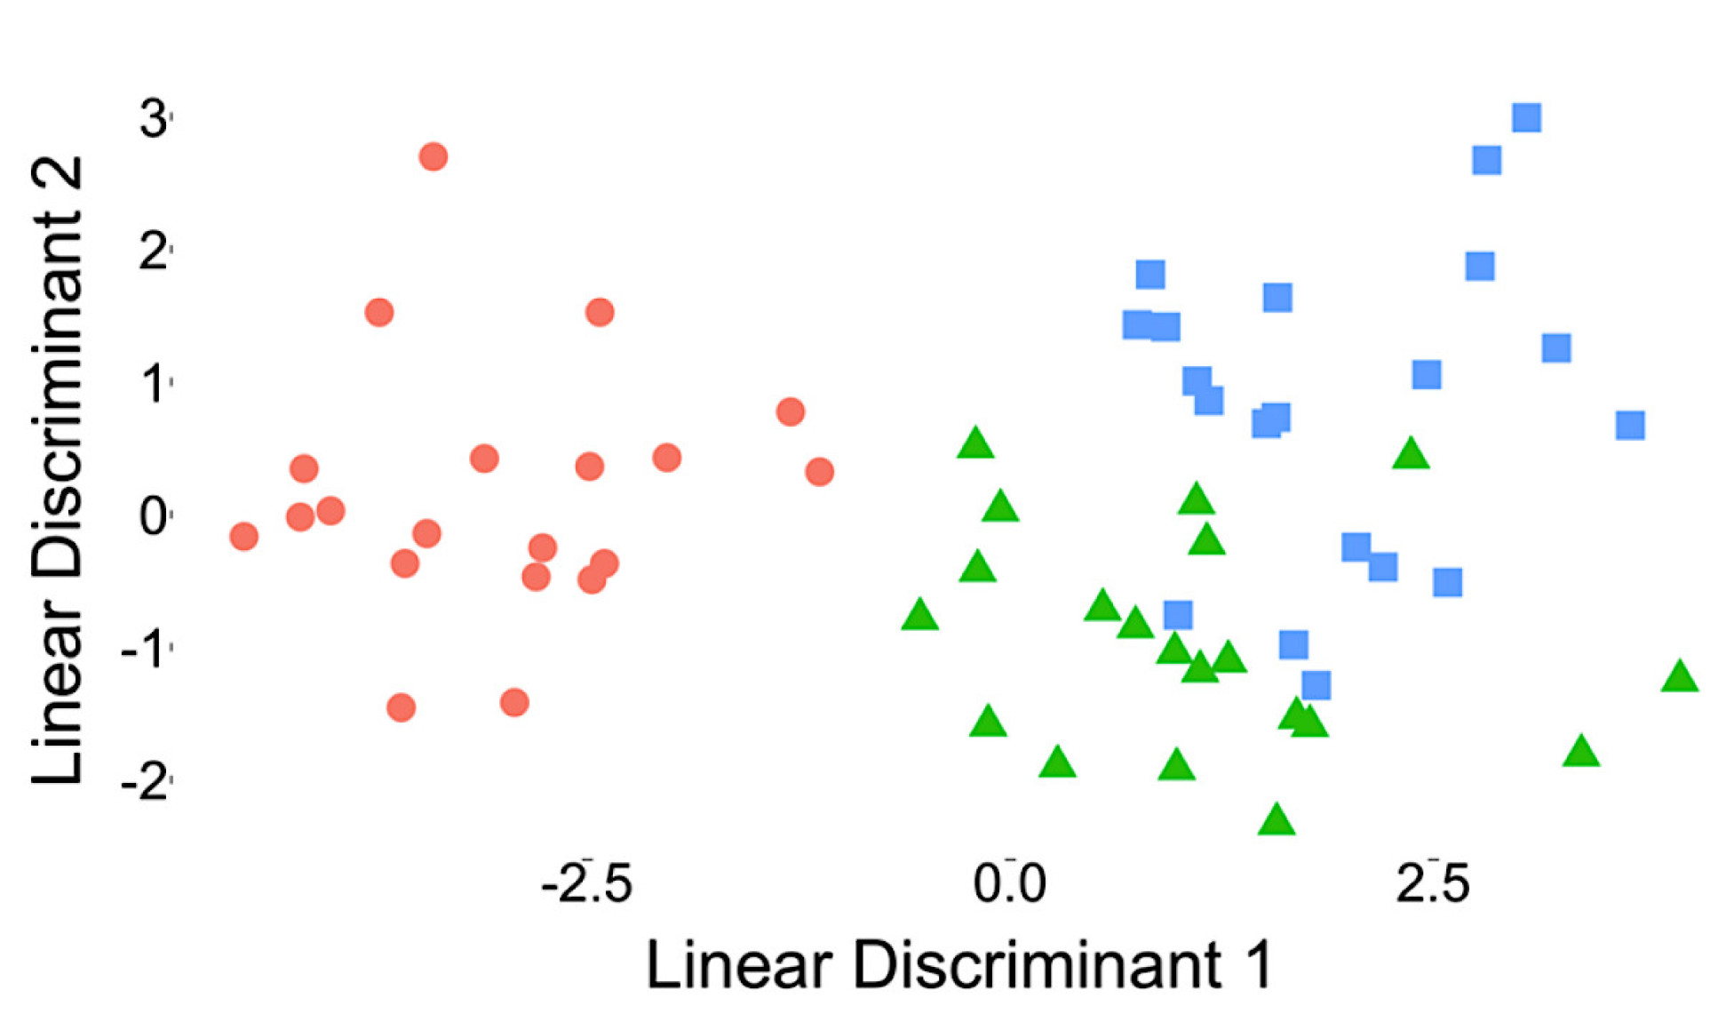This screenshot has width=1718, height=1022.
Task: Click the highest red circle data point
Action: (x=433, y=157)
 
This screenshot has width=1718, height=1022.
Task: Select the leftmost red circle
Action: (x=243, y=536)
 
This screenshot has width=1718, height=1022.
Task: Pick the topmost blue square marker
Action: (x=1526, y=117)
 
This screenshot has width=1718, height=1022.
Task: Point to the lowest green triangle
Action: (x=1277, y=819)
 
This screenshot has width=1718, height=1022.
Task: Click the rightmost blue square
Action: (x=1629, y=426)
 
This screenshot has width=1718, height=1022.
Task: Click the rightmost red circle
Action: (x=819, y=471)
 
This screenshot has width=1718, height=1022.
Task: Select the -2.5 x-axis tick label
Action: (x=586, y=883)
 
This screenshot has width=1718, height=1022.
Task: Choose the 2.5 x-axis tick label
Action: (x=1432, y=883)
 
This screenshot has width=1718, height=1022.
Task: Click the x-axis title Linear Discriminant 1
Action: (x=959, y=965)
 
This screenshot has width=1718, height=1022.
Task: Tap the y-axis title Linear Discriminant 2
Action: (x=59, y=471)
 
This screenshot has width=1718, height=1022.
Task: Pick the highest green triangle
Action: (x=975, y=443)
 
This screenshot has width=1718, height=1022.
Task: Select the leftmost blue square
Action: (x=1137, y=325)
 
